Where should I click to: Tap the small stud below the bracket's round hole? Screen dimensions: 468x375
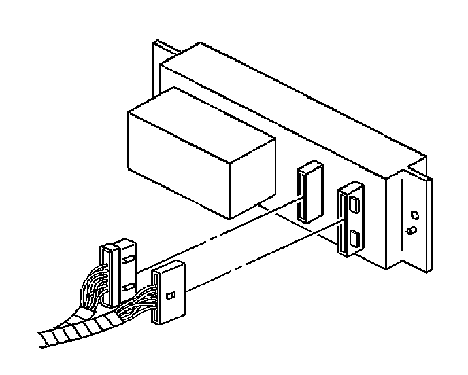click(410, 230)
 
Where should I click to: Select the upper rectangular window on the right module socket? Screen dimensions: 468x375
click(354, 202)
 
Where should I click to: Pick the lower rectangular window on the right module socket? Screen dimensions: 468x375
click(354, 238)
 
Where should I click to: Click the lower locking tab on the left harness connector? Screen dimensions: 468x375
click(128, 288)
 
